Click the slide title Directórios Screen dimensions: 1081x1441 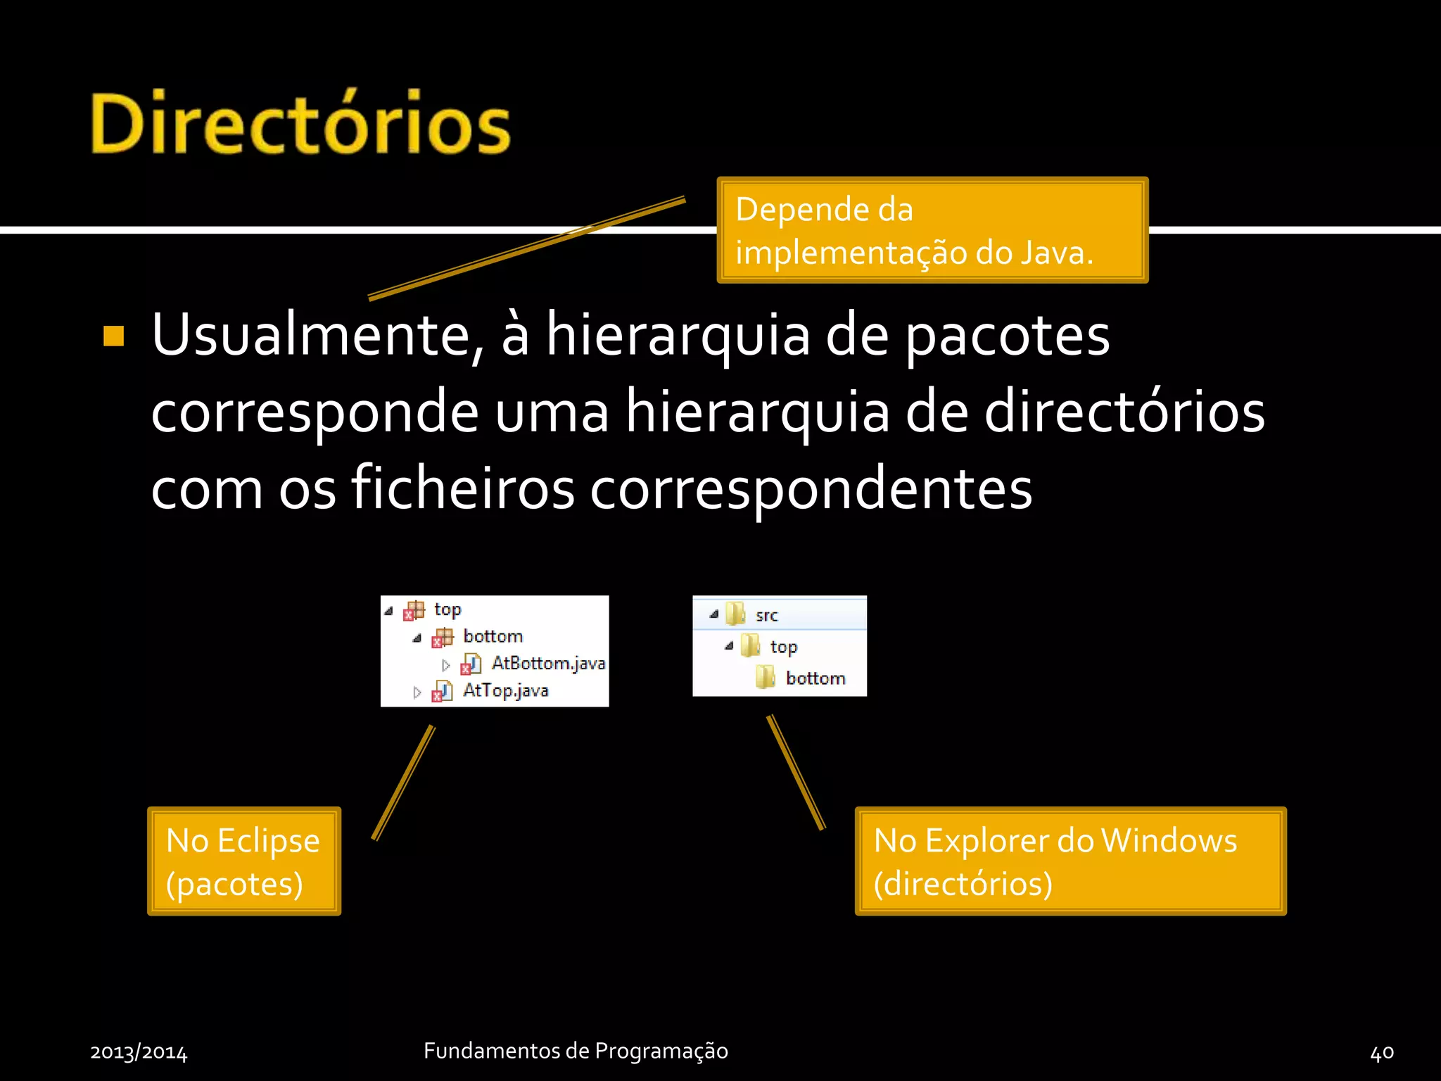coord(300,123)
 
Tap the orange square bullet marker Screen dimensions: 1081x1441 coord(113,336)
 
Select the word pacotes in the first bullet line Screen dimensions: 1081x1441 coord(1007,336)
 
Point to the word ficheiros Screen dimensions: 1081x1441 coord(462,488)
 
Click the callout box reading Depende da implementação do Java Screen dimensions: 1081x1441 coord(932,230)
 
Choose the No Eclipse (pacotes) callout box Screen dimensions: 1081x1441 coord(243,861)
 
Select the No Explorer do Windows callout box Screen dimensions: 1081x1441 coord(1070,861)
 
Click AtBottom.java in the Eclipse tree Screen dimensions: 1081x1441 coord(547,663)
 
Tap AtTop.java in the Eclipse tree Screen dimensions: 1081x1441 coord(505,690)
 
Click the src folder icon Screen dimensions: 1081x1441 coord(735,614)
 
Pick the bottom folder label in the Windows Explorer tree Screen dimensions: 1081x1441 coord(815,678)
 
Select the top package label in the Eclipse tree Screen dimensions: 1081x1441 coord(447,609)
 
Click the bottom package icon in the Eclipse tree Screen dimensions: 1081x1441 coord(443,637)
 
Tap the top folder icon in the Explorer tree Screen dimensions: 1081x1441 coord(751,646)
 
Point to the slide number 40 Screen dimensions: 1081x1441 coord(1382,1052)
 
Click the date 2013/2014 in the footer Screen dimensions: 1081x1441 coord(139,1052)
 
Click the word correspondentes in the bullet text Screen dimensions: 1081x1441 coord(811,488)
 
